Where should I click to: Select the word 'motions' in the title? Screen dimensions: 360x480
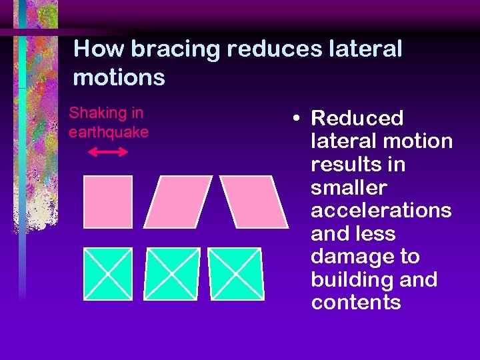point(119,77)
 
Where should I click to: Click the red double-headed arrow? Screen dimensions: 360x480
point(108,152)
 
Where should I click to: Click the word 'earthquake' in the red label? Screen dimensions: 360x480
point(108,132)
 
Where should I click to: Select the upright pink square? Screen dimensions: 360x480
point(108,202)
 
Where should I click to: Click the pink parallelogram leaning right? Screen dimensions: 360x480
point(178,202)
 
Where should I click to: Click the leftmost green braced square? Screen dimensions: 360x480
point(108,273)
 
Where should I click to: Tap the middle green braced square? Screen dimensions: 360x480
point(171,273)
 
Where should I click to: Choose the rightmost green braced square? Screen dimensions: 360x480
point(235,273)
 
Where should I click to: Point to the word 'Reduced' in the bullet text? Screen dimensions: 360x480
point(357,119)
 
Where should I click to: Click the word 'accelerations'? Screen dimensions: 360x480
point(381,211)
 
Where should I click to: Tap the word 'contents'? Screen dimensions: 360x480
point(355,303)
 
